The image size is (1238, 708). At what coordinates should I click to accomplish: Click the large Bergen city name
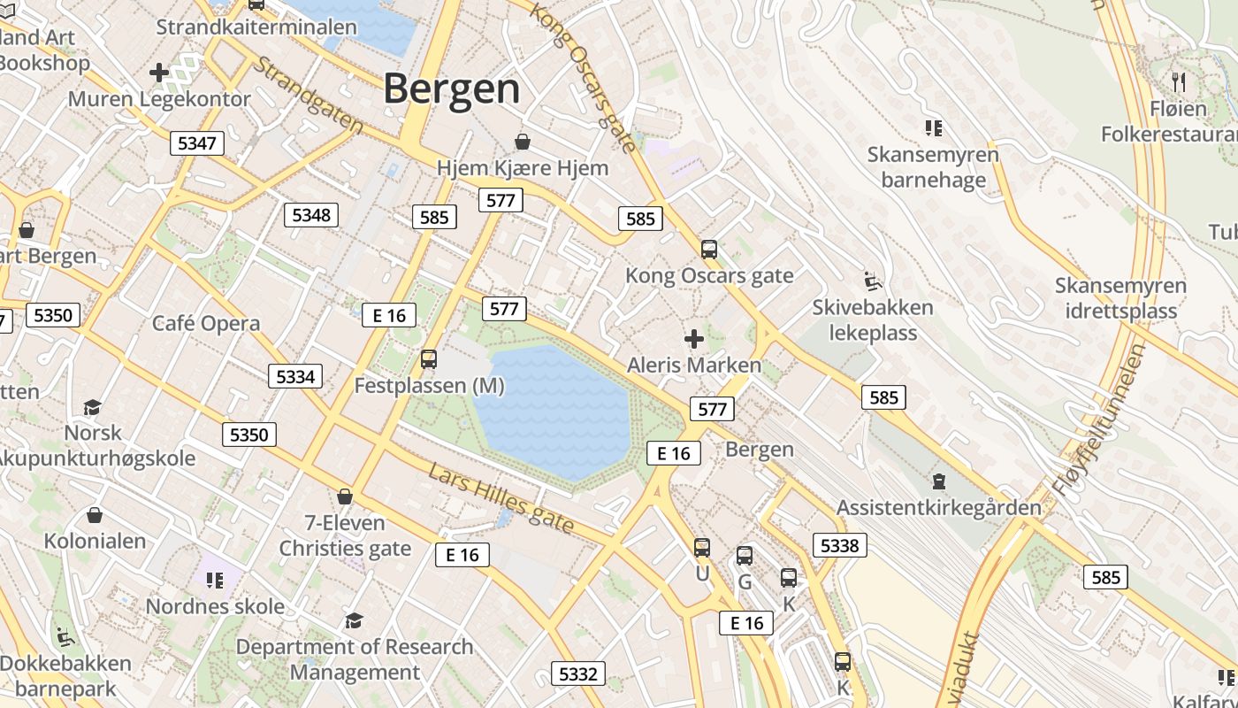[x=452, y=88]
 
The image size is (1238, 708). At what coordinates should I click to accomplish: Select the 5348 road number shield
[x=311, y=214]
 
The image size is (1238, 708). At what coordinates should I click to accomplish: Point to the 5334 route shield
[x=295, y=376]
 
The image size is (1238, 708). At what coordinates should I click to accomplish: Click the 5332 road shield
[x=578, y=673]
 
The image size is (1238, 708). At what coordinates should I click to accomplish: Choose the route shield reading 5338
[x=839, y=545]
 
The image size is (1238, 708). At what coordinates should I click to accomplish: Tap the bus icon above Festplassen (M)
[x=429, y=359]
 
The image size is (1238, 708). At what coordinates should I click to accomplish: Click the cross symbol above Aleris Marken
[x=694, y=338]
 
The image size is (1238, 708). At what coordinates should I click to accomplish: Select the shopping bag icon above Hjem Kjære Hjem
[x=523, y=142]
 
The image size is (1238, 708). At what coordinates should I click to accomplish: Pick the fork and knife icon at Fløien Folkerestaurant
[x=1178, y=82]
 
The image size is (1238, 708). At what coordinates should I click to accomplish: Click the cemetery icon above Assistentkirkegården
[x=938, y=482]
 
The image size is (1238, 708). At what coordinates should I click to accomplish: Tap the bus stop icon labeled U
[x=702, y=548]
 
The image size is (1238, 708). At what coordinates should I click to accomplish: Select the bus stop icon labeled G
[x=745, y=556]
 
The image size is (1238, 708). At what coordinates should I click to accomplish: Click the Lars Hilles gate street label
[x=501, y=498]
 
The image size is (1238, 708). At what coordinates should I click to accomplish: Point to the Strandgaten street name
[x=309, y=96]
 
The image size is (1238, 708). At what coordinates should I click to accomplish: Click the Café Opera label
[x=206, y=323]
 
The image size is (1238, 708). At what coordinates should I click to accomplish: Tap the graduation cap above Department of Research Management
[x=354, y=620]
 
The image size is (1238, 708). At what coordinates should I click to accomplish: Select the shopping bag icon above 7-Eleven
[x=345, y=496]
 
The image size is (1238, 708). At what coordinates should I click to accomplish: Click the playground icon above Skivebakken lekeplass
[x=872, y=281]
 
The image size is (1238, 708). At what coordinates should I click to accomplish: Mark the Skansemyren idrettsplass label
[x=1120, y=298]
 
